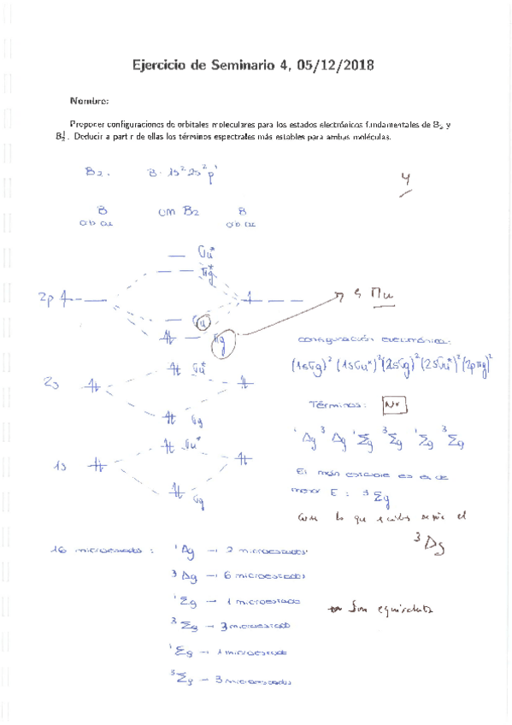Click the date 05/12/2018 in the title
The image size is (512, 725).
(333, 65)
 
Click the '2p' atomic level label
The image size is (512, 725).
(46, 298)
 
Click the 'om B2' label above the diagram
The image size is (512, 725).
(179, 211)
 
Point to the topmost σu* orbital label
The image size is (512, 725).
(206, 253)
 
